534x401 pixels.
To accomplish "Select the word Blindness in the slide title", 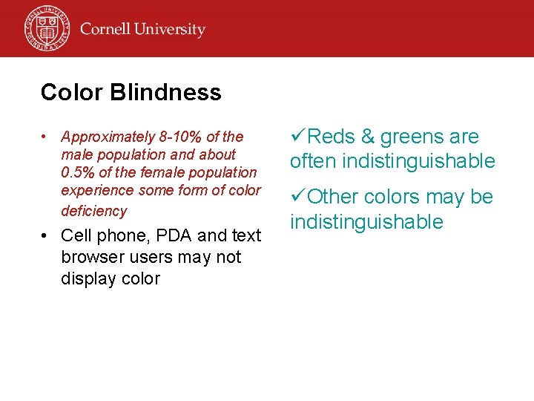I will click(x=165, y=93).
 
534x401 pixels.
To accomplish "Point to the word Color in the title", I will click(x=72, y=93).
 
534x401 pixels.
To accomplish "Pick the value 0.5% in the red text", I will click(x=78, y=172).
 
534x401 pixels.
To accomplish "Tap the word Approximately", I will click(x=108, y=137).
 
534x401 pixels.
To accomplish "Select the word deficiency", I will click(x=94, y=211).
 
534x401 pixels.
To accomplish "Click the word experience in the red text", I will click(x=94, y=190).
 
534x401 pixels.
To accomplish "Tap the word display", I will click(x=85, y=278).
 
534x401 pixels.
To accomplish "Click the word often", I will click(x=314, y=161).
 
